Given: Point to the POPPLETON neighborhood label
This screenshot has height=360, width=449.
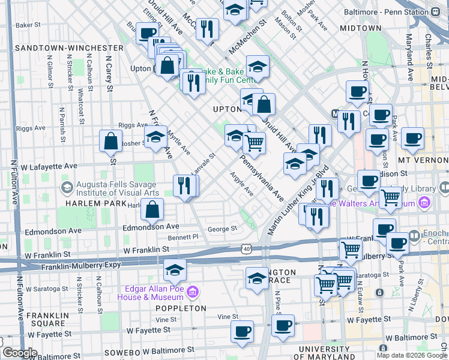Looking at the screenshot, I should click(180, 308).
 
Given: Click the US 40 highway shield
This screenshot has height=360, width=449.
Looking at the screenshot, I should click(247, 248).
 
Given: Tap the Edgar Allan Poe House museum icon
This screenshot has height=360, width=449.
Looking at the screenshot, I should click(193, 292).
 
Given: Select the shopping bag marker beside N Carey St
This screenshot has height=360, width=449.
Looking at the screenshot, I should click(112, 142).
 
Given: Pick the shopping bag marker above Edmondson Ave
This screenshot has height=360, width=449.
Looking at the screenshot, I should click(153, 209).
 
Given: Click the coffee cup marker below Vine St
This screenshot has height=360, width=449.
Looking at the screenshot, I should click(243, 331).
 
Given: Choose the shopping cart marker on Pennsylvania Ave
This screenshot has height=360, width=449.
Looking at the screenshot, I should click(255, 142).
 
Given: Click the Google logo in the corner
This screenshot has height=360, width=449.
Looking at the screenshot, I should click(19, 353).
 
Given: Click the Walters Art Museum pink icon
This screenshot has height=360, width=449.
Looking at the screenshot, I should click(427, 203).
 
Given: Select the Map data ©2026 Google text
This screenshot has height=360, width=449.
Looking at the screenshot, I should click(410, 355).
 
